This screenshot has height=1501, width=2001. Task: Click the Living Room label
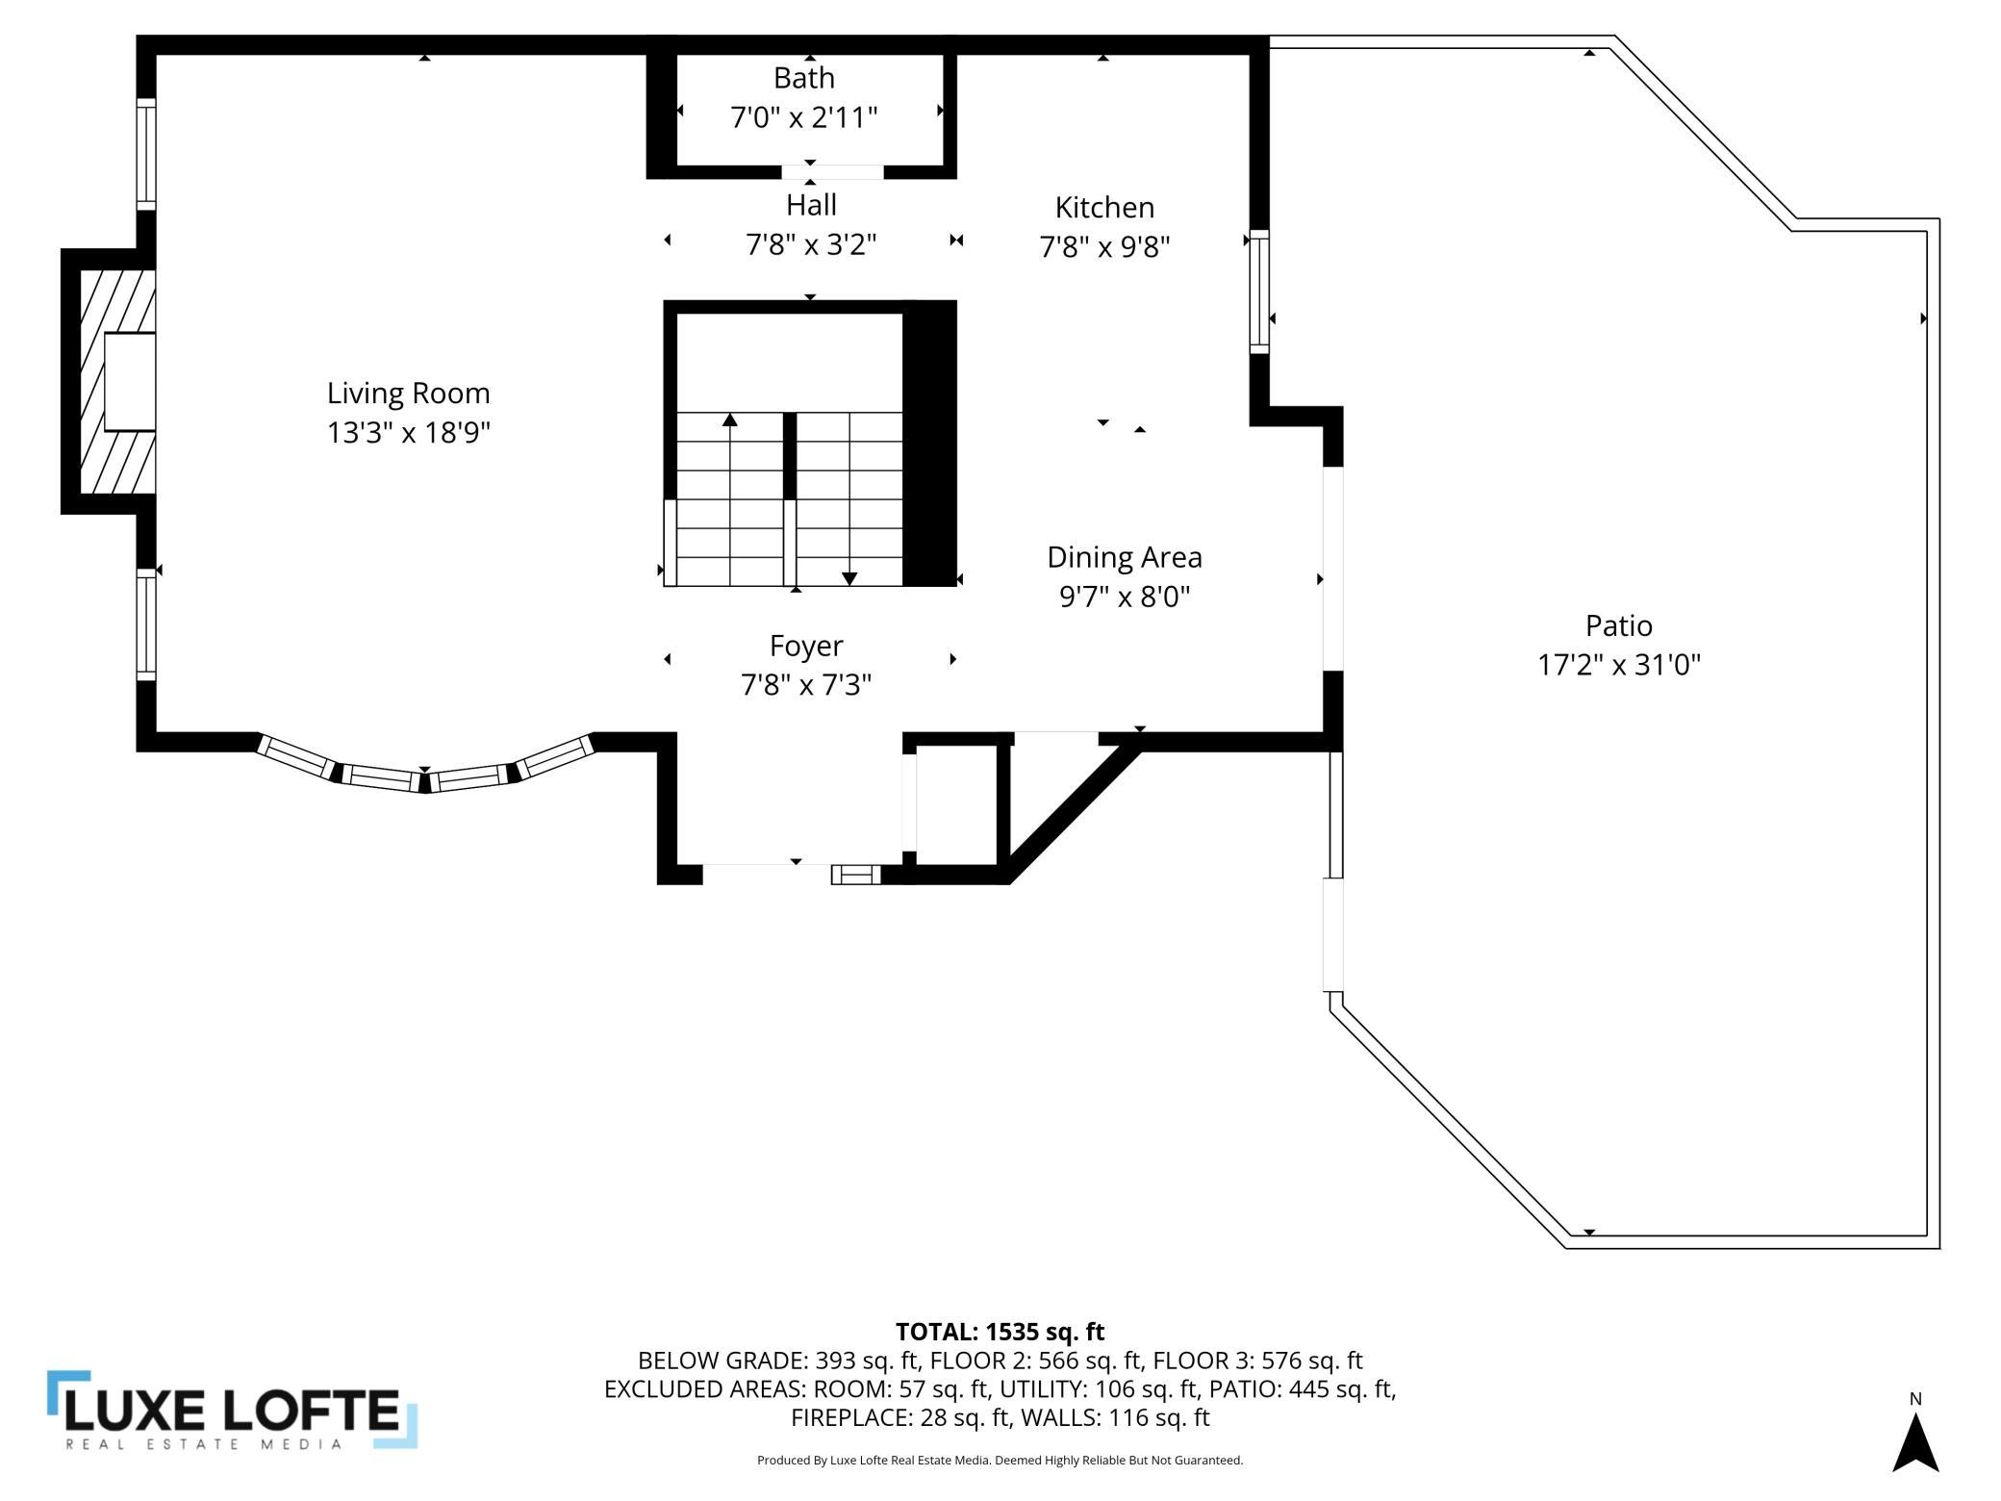pos(409,394)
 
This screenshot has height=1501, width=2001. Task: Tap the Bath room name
pos(804,78)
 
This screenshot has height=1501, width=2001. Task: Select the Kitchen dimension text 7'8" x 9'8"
pos(1104,247)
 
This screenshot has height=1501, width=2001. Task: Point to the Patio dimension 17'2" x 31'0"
pos(1619,665)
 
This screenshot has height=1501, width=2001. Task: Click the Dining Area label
pos(1125,558)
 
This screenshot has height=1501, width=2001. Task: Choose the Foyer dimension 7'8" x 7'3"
pos(806,685)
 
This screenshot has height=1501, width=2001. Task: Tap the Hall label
pos(811,205)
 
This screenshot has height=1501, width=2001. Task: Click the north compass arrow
pos(1915,1442)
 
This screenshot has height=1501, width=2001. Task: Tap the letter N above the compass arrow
pos(1915,1399)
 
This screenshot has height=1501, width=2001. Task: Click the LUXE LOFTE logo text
pos(231,1412)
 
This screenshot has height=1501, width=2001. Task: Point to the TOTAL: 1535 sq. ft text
pos(1000,1332)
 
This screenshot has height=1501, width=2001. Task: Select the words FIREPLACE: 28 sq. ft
pos(899,1417)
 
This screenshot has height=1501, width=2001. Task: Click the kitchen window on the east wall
pos(1259,292)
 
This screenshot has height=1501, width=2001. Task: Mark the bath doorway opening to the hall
pos(832,172)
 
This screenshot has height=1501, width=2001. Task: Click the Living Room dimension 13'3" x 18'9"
pos(409,433)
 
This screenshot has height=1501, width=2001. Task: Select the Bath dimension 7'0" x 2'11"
pos(804,117)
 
